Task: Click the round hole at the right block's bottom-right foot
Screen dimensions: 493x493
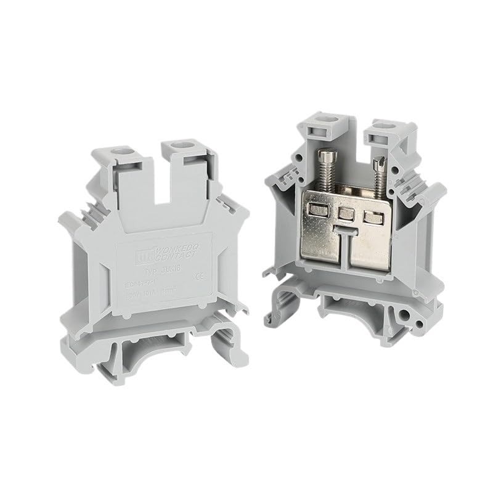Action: (422, 322)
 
